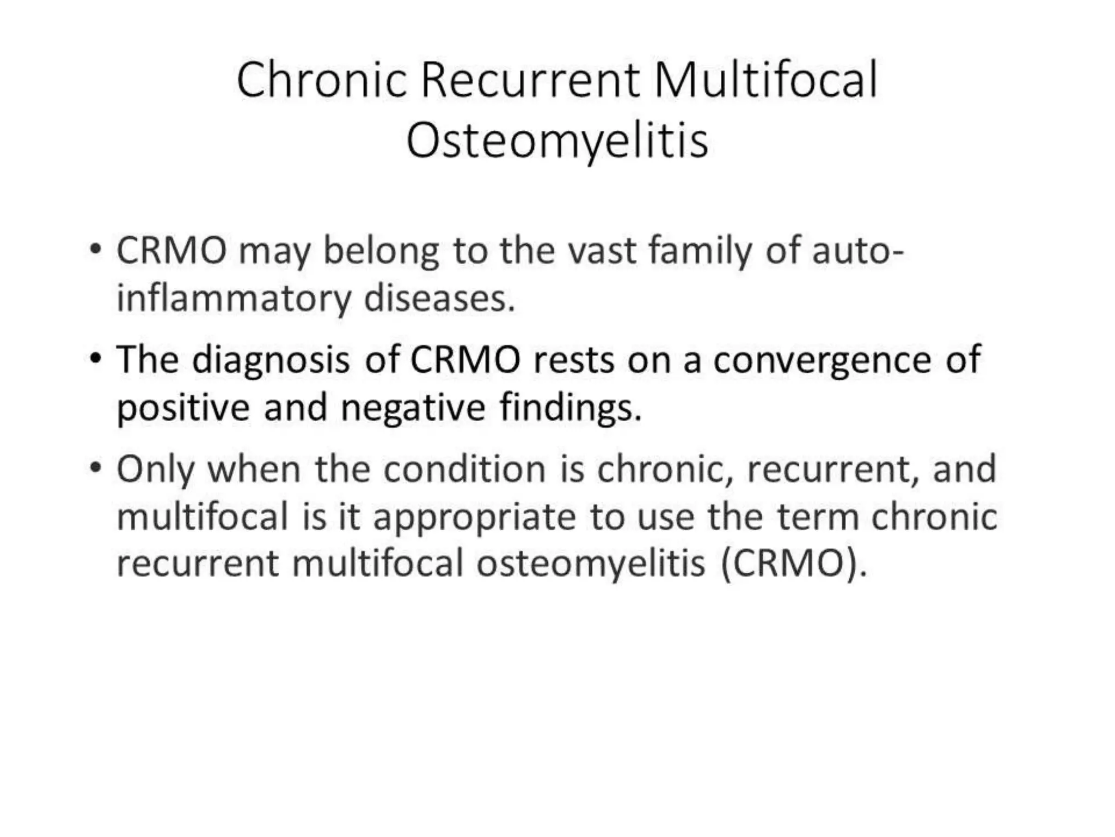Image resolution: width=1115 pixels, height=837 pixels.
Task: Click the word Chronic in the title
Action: click(322, 81)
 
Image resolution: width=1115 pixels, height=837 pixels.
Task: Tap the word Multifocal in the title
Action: click(765, 81)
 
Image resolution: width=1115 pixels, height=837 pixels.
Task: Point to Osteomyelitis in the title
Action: click(557, 141)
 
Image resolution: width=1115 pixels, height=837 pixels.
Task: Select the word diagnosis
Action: click(271, 361)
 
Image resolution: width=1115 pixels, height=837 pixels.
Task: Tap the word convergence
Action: click(822, 361)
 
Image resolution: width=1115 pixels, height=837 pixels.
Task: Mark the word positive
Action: click(183, 408)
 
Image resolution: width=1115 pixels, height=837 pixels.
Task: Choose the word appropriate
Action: click(474, 518)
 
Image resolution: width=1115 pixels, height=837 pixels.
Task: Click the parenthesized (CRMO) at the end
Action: click(793, 564)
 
